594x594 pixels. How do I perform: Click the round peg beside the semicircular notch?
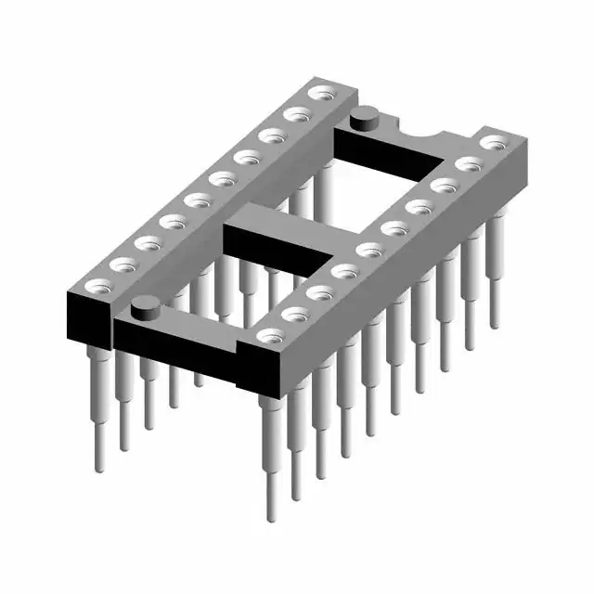pos(363,117)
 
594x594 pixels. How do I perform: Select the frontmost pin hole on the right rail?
pos(270,336)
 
